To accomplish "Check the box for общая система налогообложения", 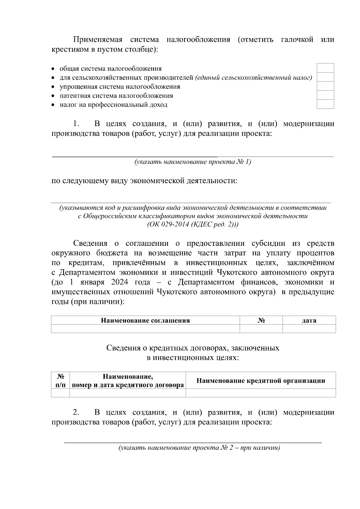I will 325,68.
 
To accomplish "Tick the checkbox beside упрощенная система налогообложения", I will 325,86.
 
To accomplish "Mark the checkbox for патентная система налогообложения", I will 325,95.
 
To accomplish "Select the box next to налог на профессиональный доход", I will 325,104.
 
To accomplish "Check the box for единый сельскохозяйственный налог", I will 325,77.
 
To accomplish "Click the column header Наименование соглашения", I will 145,320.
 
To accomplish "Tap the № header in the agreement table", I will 261,320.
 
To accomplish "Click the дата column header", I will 309,320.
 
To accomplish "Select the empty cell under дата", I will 309,329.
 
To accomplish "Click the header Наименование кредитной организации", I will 260,381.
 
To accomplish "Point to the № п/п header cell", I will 60,381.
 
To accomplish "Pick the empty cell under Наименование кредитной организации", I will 260,393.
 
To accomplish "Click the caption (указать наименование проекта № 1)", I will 192,162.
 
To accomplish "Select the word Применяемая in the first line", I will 98,40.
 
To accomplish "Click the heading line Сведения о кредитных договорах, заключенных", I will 193,348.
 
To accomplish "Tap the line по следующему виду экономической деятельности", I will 144,181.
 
